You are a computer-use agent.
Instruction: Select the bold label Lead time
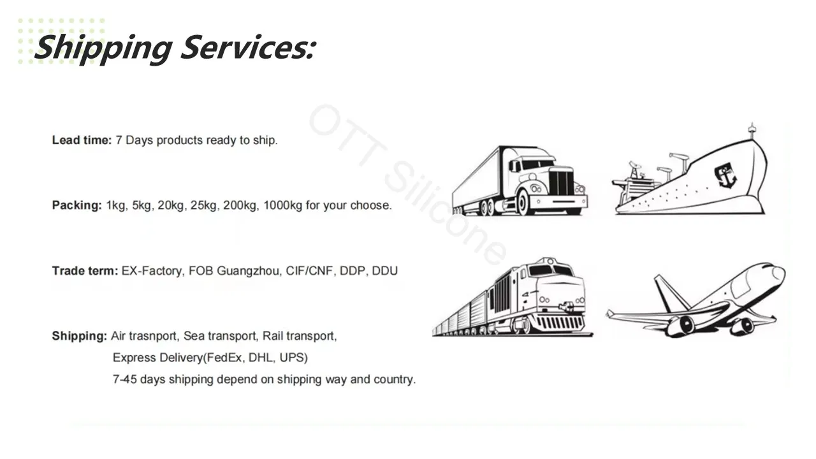82,140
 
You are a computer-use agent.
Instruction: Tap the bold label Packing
76,205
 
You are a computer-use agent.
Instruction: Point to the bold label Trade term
85,271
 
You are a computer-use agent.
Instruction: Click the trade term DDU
384,271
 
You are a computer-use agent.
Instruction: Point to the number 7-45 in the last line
124,379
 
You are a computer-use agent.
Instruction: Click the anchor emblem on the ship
725,175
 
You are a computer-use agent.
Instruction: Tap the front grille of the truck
561,183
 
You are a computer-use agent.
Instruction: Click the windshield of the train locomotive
552,270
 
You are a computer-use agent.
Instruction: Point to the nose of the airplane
779,273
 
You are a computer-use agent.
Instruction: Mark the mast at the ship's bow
752,131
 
